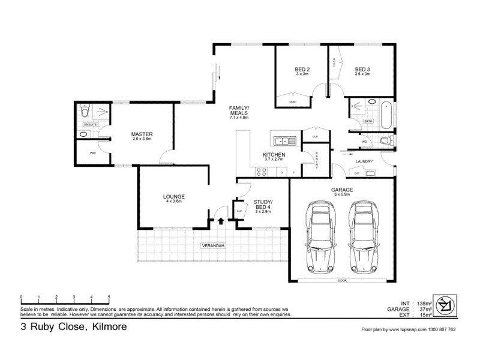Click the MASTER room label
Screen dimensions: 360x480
point(142,134)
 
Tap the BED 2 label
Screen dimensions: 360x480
point(302,69)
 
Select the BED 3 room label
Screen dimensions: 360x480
point(362,69)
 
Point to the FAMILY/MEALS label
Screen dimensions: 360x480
point(239,110)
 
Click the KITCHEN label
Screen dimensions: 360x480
point(274,155)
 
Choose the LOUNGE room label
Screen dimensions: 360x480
point(173,196)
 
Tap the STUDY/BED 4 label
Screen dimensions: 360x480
point(263,204)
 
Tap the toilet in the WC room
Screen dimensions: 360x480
point(386,141)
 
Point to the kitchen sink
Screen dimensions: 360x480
point(281,141)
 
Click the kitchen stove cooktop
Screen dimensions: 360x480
point(262,172)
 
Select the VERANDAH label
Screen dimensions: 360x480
point(212,246)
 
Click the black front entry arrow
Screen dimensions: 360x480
point(221,221)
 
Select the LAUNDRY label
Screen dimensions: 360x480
point(364,161)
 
